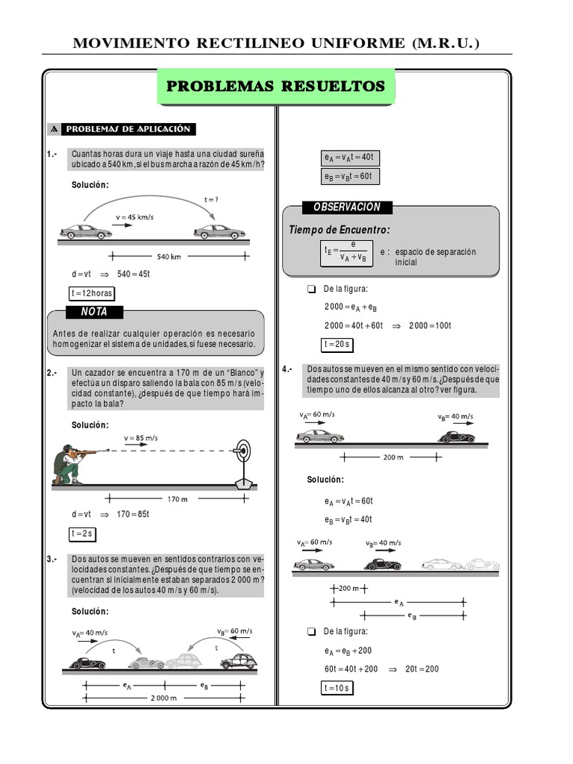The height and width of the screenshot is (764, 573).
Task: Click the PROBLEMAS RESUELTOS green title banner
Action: coord(275,87)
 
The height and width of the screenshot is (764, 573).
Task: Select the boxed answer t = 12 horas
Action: coord(91,293)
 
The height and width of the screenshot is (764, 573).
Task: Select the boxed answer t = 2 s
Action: coord(82,533)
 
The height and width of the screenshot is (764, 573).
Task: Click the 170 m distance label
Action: coord(178,498)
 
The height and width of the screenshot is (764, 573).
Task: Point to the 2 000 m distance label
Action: coord(163,698)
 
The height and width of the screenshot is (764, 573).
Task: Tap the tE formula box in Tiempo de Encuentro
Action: coord(343,252)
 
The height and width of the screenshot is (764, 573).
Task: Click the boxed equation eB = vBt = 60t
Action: coord(348,177)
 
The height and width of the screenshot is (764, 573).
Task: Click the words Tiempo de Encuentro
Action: coord(339,230)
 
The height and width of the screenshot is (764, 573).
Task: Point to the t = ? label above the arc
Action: coord(212,199)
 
